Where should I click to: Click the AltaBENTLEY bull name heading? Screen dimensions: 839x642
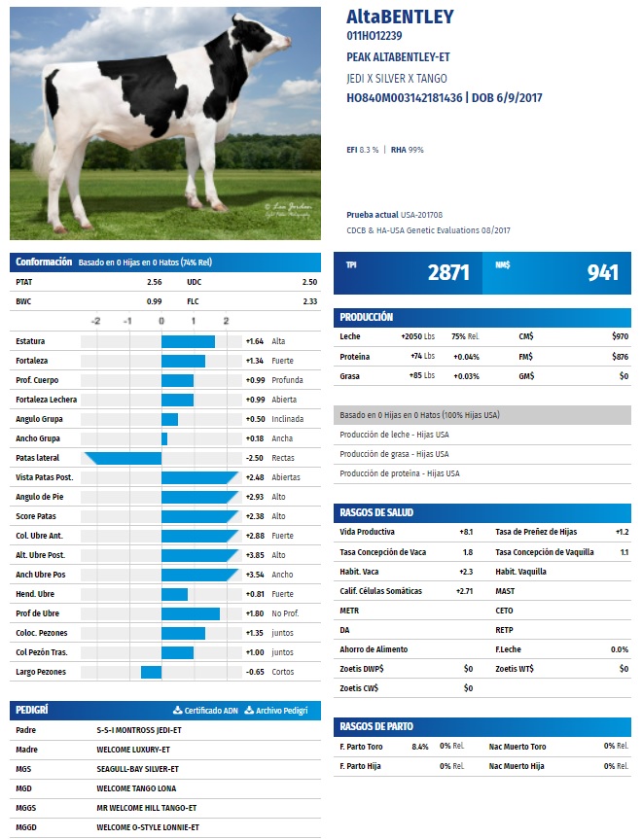(400, 17)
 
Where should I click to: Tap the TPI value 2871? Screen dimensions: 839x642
(448, 273)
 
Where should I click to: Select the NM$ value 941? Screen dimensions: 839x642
(602, 273)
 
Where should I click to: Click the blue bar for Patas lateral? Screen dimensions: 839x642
(123, 458)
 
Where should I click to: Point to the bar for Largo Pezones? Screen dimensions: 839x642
(151, 672)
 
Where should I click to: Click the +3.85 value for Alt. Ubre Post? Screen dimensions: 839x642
(255, 555)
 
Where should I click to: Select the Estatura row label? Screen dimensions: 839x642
(30, 341)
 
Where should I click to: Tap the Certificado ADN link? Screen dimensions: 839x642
(205, 711)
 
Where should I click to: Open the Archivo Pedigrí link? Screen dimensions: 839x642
(282, 711)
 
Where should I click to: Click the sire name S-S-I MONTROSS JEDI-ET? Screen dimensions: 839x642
(139, 730)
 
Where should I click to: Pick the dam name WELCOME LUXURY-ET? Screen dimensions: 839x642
(134, 750)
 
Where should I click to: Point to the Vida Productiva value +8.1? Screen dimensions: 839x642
(466, 533)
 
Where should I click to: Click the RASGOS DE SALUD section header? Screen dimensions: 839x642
(375, 512)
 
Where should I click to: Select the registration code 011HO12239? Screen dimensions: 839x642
(374, 36)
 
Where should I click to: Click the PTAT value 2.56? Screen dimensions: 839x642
(154, 282)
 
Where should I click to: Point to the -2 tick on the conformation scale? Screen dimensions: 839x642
(95, 321)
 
